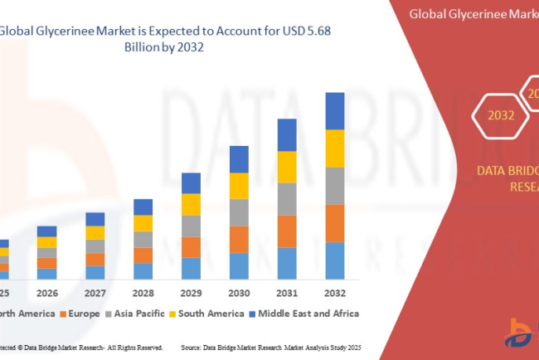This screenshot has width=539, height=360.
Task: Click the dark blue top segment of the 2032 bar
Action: click(334, 111)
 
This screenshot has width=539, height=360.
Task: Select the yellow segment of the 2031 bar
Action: click(286, 167)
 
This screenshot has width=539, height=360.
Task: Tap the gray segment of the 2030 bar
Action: click(239, 212)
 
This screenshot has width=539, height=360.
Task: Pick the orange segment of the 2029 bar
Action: click(191, 247)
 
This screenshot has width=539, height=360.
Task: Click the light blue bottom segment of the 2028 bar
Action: click(143, 270)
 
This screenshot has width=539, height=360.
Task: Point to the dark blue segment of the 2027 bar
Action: click(95, 219)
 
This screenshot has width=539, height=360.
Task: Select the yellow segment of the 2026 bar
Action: click(47, 242)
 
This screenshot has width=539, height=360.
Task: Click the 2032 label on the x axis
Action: click(334, 293)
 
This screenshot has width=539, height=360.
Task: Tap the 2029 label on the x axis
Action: click(191, 293)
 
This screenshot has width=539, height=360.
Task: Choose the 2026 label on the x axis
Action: click(47, 293)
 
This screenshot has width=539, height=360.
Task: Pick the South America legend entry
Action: click(202, 314)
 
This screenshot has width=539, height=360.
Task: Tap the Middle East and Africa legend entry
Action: click(303, 314)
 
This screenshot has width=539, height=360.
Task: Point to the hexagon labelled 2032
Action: click(500, 115)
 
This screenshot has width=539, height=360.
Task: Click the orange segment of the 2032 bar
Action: click(334, 222)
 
